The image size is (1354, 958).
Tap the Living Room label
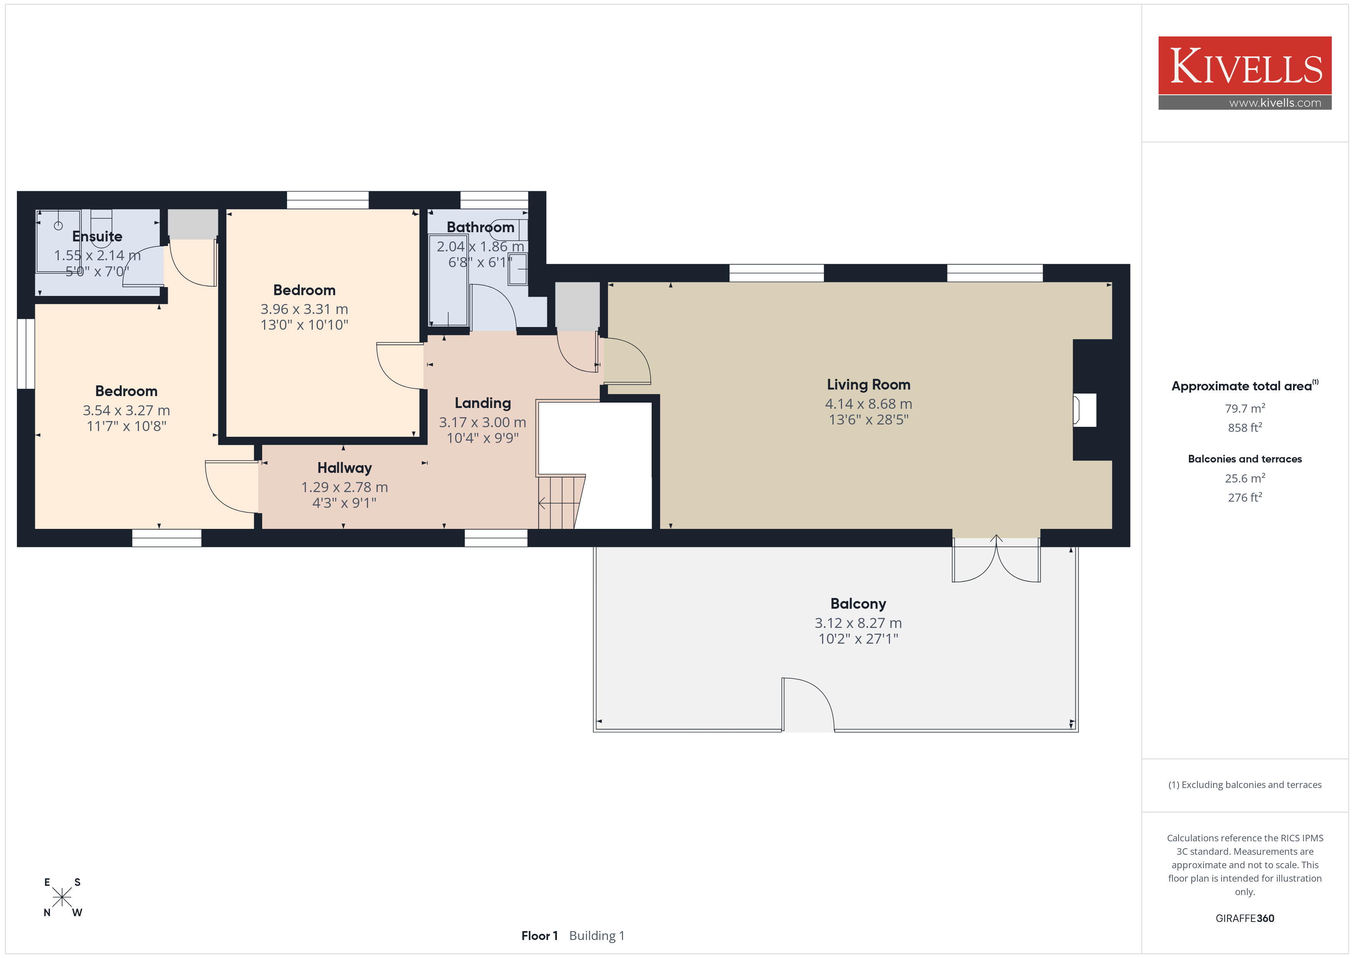[x=868, y=385]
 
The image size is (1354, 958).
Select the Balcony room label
[x=858, y=604]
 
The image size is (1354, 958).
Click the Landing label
[x=482, y=403]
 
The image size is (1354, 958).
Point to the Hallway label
[x=344, y=468]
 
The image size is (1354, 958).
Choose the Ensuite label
[x=97, y=236]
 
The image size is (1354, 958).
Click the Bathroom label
[x=480, y=227]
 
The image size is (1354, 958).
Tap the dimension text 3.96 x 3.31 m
[x=304, y=309]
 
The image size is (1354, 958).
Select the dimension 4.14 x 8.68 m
[x=868, y=404]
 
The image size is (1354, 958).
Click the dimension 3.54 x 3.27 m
[x=126, y=411]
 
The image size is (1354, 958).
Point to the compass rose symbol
[x=62, y=897]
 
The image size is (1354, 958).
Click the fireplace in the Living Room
[x=1085, y=410]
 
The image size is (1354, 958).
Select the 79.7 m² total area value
[x=1245, y=408]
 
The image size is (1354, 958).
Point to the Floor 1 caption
[x=539, y=936]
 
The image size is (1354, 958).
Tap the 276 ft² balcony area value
[x=1245, y=497]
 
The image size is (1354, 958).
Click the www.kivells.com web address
[x=1275, y=102]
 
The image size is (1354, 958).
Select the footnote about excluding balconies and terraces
[x=1245, y=785]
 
